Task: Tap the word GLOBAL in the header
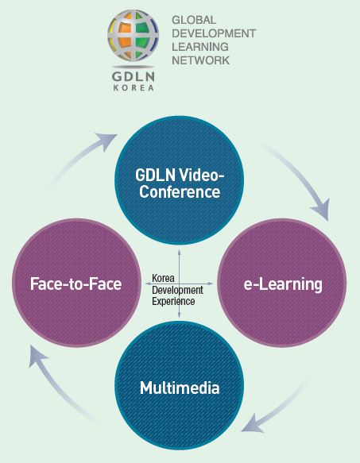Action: [x=194, y=20]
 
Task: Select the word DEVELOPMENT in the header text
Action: [x=214, y=33]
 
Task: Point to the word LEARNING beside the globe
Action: [x=200, y=47]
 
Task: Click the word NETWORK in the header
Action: [x=201, y=60]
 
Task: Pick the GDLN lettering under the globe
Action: [x=134, y=77]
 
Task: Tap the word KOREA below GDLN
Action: [x=134, y=88]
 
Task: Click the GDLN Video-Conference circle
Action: [x=180, y=180]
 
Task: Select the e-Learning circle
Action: [x=282, y=283]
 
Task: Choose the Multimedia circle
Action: [x=180, y=386]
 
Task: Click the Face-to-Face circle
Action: [x=76, y=283]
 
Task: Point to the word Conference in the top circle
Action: [x=180, y=191]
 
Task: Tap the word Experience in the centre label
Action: [x=173, y=302]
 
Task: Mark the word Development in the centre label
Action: [x=177, y=290]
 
